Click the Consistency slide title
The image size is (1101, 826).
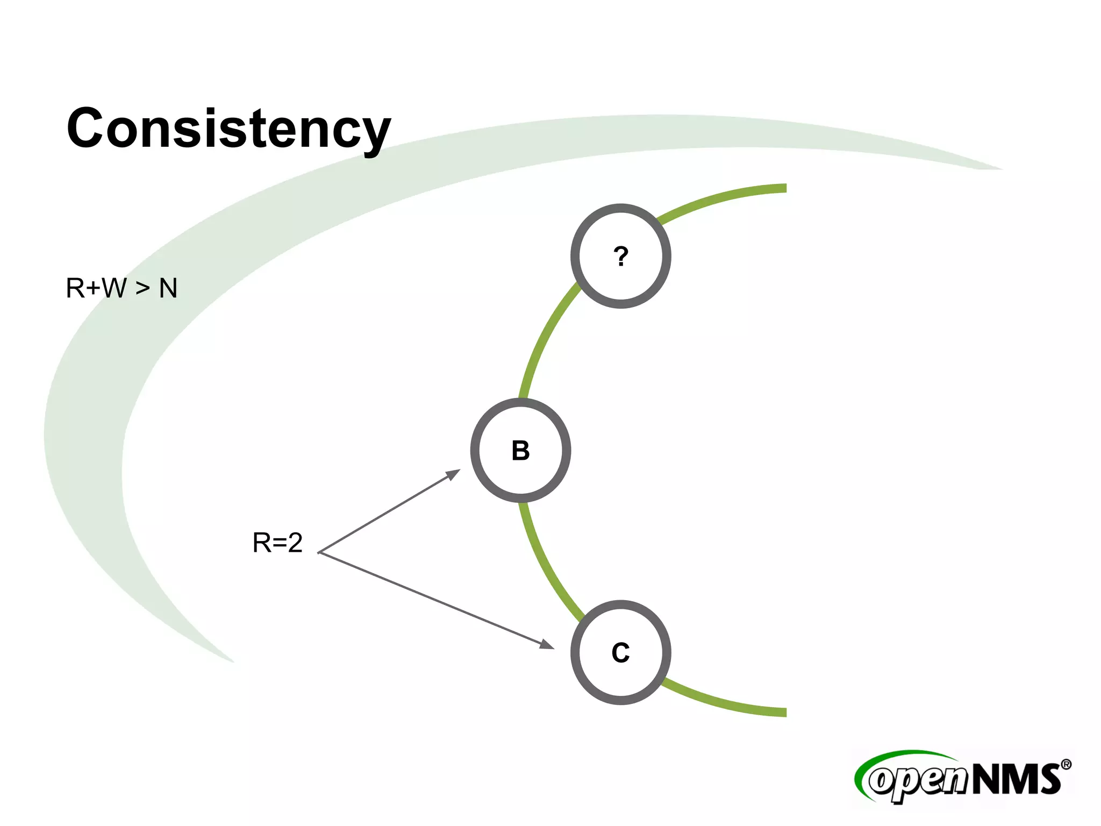pos(228,129)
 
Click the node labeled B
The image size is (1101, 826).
pos(520,451)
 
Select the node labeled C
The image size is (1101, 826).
pos(620,652)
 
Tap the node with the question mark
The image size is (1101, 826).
pos(620,256)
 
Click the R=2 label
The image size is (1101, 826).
pos(277,543)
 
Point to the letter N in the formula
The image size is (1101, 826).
pos(168,288)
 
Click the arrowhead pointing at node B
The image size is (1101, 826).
pos(454,474)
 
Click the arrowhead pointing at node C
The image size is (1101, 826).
pos(548,645)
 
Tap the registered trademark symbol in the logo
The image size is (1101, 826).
pos(1066,765)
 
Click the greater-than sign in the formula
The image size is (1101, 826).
pos(142,289)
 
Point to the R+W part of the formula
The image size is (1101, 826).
pos(96,288)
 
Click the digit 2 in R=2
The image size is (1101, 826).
pos(295,543)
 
